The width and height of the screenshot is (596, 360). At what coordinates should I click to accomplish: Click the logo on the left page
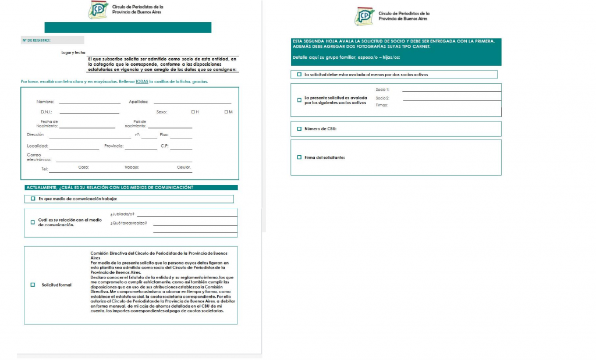pyautogui.click(x=98, y=10)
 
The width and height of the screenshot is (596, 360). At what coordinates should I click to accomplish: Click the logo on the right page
pyautogui.click(x=365, y=16)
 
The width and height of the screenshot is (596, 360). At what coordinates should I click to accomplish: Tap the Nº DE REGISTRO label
pyautogui.click(x=36, y=40)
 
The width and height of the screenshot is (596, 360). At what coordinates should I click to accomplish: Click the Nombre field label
pyautogui.click(x=45, y=102)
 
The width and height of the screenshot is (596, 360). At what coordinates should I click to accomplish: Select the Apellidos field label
pyautogui.click(x=139, y=102)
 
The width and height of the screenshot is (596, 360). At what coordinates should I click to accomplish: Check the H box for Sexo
pyautogui.click(x=193, y=112)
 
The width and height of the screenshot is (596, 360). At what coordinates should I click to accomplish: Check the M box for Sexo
pyautogui.click(x=226, y=112)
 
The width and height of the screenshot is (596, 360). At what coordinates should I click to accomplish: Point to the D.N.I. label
pyautogui.click(x=47, y=112)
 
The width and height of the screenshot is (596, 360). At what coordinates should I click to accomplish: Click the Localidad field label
pyautogui.click(x=37, y=146)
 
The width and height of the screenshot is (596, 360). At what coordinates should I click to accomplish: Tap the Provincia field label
pyautogui.click(x=113, y=146)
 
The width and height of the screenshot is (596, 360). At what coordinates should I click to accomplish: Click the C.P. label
pyautogui.click(x=165, y=146)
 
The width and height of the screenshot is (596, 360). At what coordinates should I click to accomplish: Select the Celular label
pyautogui.click(x=184, y=167)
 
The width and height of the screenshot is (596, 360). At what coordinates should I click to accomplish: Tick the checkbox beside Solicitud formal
pyautogui.click(x=33, y=285)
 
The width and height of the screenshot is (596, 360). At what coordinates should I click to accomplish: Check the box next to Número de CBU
pyautogui.click(x=299, y=129)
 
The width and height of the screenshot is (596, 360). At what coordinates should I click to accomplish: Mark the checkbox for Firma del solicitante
pyautogui.click(x=299, y=157)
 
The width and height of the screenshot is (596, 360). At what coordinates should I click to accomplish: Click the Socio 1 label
pyautogui.click(x=382, y=90)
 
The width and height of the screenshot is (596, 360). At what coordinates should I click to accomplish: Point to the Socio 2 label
pyautogui.click(x=382, y=98)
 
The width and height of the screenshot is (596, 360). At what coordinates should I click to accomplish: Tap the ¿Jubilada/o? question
pyautogui.click(x=122, y=214)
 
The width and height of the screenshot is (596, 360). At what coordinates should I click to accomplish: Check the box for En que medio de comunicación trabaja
pyautogui.click(x=33, y=198)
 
